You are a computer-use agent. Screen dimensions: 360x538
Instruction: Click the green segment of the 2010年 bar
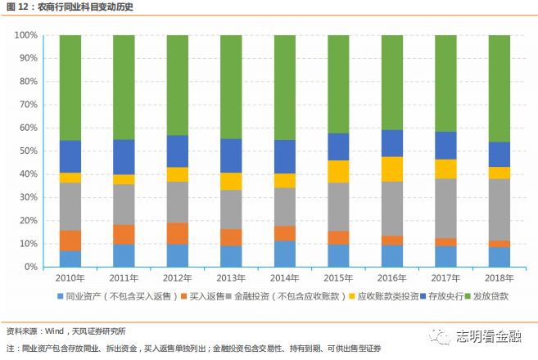tap(70, 88)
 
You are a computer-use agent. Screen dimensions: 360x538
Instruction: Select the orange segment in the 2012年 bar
tap(178, 233)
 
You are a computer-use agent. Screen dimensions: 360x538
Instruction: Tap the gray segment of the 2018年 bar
tap(499, 209)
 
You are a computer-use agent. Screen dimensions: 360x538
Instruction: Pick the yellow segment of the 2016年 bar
tap(391, 169)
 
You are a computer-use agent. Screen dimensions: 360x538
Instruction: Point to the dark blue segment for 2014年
tap(285, 156)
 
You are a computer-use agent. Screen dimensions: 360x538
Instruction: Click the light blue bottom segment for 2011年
tap(124, 255)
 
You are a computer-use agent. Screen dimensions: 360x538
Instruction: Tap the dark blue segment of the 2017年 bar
tap(445, 145)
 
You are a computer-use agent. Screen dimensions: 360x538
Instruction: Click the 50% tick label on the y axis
tap(26, 151)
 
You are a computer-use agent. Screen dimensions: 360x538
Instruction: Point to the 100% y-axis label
tap(25, 36)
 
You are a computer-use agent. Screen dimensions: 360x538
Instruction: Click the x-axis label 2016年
tap(391, 279)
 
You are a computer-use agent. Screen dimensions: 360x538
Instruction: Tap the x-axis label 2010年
tap(70, 279)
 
